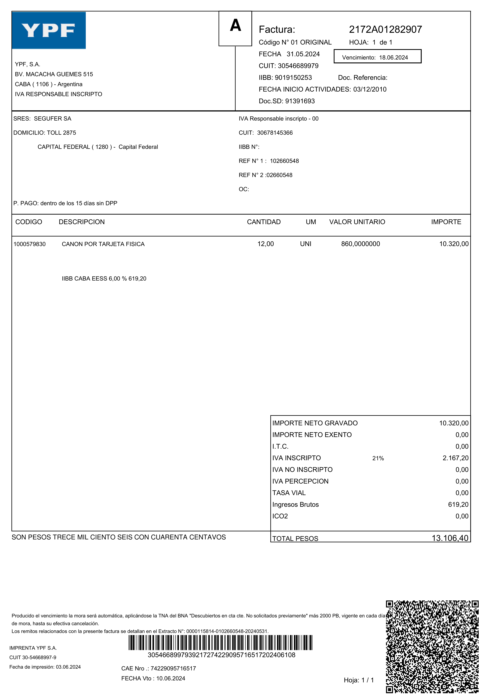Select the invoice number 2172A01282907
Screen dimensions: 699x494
tap(385, 29)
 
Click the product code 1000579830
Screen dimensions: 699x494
tap(29, 244)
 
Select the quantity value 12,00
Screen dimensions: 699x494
tap(265, 244)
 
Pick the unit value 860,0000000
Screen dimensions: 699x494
tap(360, 244)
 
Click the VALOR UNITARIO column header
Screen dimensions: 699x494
tap(357, 222)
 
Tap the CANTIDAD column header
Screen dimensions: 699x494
tap(264, 222)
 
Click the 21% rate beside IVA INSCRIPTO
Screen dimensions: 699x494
tap(378, 458)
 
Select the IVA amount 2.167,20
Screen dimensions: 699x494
tap(455, 458)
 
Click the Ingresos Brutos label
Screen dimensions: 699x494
tap(295, 504)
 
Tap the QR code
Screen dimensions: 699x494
tap(432, 647)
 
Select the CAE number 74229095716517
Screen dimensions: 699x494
tap(173, 669)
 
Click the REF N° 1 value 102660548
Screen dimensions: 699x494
tap(284, 161)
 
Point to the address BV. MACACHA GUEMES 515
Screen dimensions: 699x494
tap(54, 74)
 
